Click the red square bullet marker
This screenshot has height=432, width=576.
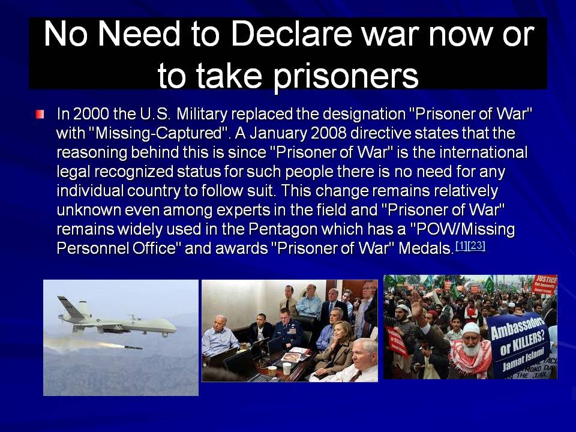(x=40, y=114)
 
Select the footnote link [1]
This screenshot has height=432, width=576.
(x=461, y=246)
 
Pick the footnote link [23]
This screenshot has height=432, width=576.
(x=477, y=246)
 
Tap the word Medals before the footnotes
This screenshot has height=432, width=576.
(x=426, y=248)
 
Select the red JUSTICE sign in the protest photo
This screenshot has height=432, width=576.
(x=545, y=284)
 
